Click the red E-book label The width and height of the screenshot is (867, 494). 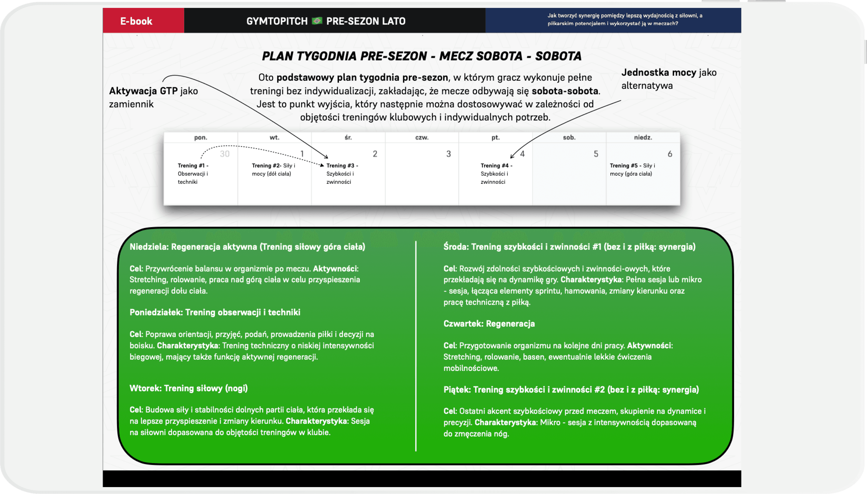tap(136, 21)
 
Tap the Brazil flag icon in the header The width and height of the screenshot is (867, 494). tap(317, 21)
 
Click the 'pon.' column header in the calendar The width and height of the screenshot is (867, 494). tap(200, 137)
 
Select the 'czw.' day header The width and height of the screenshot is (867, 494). tap(422, 137)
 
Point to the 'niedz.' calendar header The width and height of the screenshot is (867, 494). tap(643, 137)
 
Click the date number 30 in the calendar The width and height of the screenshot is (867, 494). tap(224, 154)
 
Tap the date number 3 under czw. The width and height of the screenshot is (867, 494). tap(448, 154)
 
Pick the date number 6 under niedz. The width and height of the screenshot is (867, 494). tap(670, 154)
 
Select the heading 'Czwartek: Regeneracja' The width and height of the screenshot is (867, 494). tap(489, 324)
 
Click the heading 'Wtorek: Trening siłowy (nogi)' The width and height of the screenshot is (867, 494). tap(188, 388)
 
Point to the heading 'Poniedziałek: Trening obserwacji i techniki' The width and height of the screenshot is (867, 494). tap(215, 312)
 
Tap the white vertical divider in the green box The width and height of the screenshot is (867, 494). tap(415, 346)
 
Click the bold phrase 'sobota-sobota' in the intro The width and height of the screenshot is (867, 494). tap(564, 91)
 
